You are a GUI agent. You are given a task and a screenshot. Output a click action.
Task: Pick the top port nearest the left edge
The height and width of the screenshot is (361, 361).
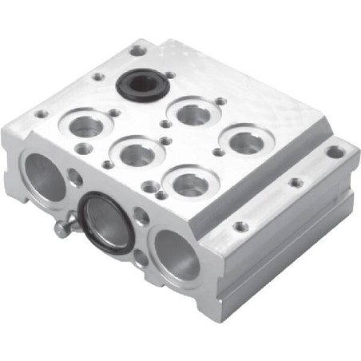87,125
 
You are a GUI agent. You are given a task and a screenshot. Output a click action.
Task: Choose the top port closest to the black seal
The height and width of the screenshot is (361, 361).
193,112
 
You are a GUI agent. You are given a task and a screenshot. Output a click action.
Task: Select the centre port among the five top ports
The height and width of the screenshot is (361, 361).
137,153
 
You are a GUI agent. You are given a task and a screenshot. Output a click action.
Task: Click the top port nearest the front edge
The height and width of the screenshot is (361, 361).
190,182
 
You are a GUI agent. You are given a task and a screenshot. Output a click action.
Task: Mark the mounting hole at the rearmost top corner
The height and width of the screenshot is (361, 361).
139,51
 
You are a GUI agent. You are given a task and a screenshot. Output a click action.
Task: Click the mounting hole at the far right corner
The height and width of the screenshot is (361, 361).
336,151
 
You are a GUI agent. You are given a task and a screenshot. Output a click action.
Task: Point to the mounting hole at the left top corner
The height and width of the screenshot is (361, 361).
41,114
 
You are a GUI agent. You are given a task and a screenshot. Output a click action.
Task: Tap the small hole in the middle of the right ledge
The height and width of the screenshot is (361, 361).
296,182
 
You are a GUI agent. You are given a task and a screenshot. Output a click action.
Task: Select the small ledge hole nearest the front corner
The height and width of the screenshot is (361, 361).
238,227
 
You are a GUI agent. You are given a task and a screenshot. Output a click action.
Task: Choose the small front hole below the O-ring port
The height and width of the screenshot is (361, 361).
141,257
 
